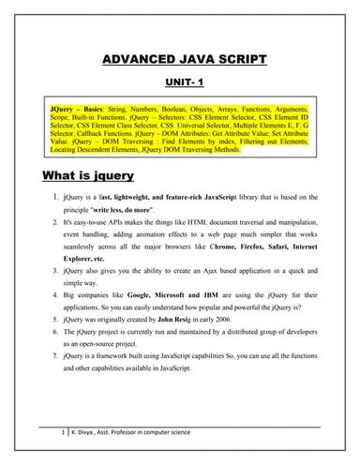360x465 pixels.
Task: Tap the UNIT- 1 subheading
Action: tap(184, 82)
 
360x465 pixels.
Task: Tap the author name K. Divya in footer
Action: tap(85, 434)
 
